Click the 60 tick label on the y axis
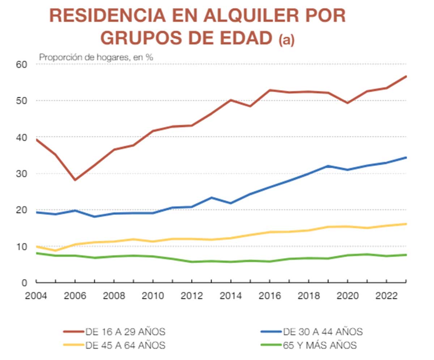pyautogui.click(x=21, y=64)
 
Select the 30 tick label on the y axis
pyautogui.click(x=21, y=174)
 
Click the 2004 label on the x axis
pyautogui.click(x=36, y=295)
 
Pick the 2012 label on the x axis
pyautogui.click(x=192, y=295)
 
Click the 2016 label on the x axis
pyautogui.click(x=269, y=295)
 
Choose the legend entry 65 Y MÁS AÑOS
pyautogui.click(x=320, y=345)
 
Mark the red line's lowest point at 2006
pyautogui.click(x=75, y=180)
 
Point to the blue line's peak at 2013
pyautogui.click(x=211, y=198)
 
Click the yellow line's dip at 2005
pyautogui.click(x=55, y=250)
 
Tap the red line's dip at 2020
pyautogui.click(x=347, y=103)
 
